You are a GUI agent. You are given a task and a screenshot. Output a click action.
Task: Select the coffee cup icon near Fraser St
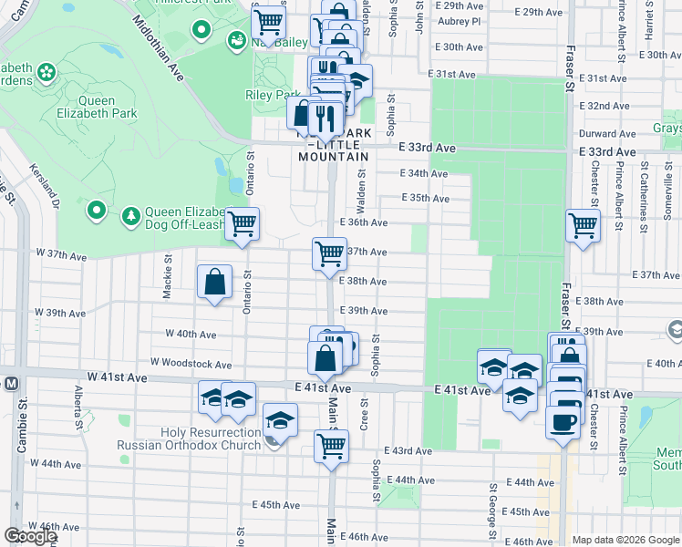[562, 422]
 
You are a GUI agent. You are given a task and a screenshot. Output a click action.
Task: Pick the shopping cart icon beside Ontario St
[242, 223]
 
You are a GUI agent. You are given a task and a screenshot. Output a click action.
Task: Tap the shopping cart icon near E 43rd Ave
[330, 446]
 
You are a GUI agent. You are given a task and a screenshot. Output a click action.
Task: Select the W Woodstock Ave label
[191, 363]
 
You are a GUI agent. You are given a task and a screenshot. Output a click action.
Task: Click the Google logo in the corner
[31, 536]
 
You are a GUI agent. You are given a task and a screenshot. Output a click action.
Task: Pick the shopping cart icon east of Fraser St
[583, 225]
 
